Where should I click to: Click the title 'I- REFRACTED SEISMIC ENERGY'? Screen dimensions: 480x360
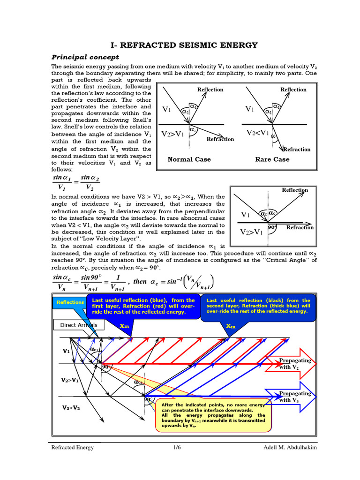coord(184,45)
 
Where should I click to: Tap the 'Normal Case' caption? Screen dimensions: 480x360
coord(189,159)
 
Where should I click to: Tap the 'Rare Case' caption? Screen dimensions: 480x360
coord(272,159)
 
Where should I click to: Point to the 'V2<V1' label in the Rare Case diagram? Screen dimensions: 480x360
coord(258,133)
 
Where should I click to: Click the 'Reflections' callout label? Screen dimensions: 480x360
coord(70,302)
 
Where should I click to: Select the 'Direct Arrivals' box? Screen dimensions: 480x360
coord(79,325)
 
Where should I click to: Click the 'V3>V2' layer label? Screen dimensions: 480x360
coord(71,408)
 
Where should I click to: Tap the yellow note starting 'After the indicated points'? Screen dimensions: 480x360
coord(213,415)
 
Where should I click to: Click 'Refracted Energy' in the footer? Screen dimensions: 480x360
coord(73,447)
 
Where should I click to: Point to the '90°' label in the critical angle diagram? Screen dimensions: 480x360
coord(272,227)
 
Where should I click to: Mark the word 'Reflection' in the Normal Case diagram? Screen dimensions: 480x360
coord(210,90)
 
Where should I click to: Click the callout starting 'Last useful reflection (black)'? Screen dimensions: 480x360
coord(258,306)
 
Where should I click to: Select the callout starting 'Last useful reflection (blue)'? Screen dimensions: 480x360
coord(143,306)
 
